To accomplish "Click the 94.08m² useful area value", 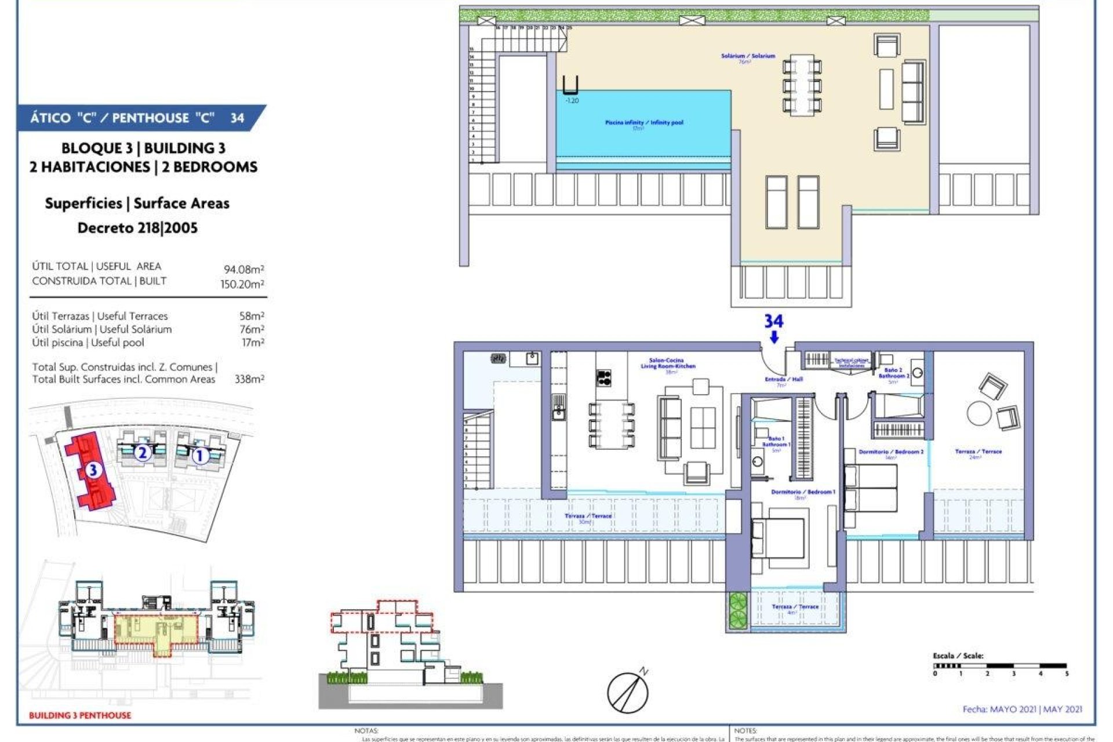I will [x=244, y=270].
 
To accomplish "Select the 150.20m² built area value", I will [x=242, y=284].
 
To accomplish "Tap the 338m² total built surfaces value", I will [x=249, y=379].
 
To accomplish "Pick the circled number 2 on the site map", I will [x=143, y=452].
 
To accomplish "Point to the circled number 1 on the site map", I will [x=199, y=456].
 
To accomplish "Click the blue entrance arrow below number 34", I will [x=774, y=337].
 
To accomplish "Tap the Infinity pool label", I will [x=643, y=123].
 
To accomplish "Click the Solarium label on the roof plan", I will [x=748, y=56].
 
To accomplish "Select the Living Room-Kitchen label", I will [x=668, y=363].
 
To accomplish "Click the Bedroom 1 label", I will [x=803, y=492].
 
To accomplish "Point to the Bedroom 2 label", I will [x=891, y=452].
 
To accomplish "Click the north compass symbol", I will [x=628, y=692].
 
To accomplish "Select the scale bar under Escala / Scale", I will [x=1000, y=666].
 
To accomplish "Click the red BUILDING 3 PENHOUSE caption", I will [x=80, y=715].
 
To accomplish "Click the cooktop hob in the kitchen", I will [x=604, y=378].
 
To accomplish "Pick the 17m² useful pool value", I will [x=253, y=343].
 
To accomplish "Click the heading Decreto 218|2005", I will [x=137, y=228].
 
